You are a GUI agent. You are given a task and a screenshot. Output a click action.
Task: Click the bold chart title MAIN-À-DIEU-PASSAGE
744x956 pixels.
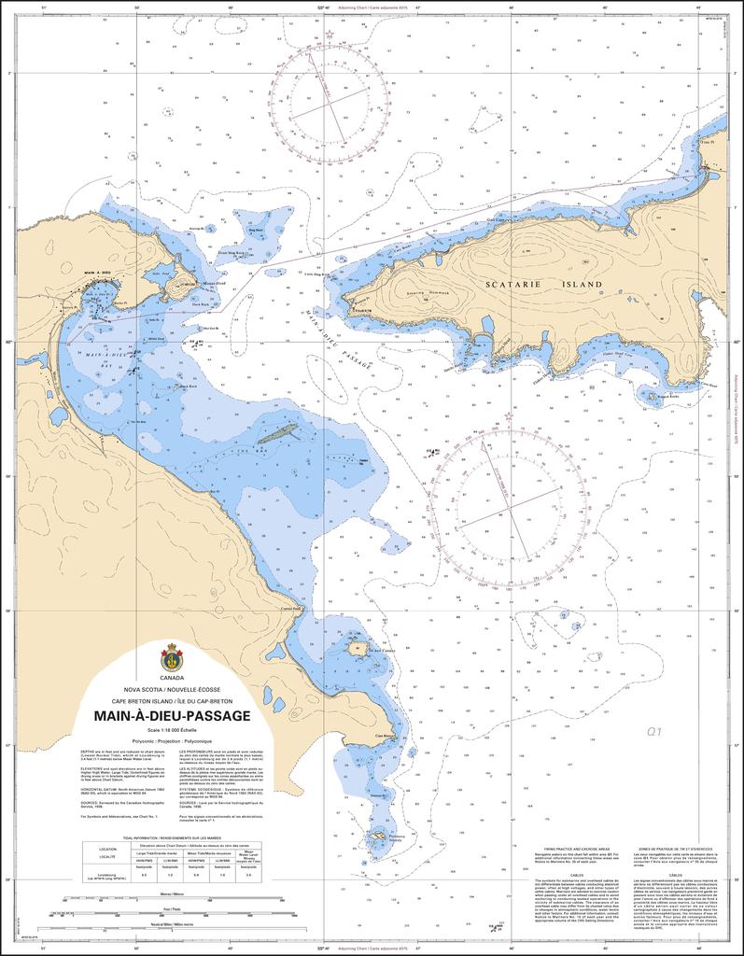171,716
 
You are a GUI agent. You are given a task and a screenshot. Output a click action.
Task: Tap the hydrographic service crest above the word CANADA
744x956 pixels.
171,656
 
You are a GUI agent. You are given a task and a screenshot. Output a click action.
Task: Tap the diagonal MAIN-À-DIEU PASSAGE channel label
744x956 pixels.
335,342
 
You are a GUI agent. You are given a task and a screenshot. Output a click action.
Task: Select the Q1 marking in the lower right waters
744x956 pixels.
653,733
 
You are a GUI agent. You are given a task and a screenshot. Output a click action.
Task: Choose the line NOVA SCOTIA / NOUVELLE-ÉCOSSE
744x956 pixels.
171,689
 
